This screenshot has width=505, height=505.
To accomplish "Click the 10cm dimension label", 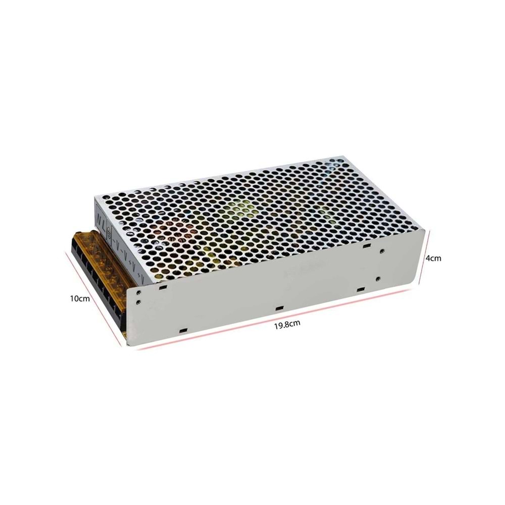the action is (80, 298).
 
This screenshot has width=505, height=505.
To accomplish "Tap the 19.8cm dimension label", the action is (287, 324).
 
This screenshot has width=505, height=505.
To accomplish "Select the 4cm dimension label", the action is (433, 258).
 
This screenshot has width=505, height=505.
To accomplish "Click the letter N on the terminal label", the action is (99, 218).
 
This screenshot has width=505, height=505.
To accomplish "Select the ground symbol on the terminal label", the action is (109, 231).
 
